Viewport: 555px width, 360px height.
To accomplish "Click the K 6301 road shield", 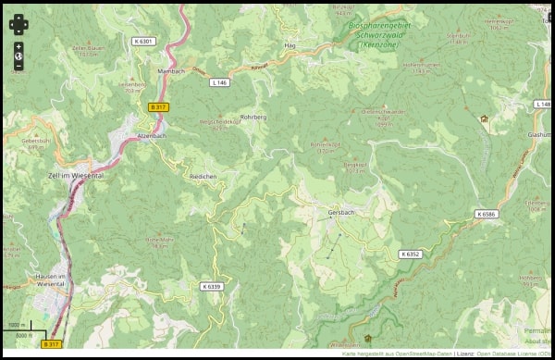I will coord(142,41).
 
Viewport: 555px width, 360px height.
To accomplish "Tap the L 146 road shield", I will coord(219,82).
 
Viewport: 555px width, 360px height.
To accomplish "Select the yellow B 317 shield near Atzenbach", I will coord(158,107).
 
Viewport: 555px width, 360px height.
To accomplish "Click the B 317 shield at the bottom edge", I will coord(52,344).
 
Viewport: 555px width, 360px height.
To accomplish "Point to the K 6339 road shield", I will coord(212,286).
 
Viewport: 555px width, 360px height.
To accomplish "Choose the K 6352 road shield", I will coord(411,254).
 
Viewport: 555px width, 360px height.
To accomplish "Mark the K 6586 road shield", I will coord(487,214).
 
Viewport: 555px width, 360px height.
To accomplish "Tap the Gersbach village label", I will coord(341,212).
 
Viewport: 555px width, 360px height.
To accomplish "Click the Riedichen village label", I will coord(203,175).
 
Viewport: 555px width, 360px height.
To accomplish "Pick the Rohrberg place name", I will coord(253,118).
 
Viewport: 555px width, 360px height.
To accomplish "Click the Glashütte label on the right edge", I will coord(540,134).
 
